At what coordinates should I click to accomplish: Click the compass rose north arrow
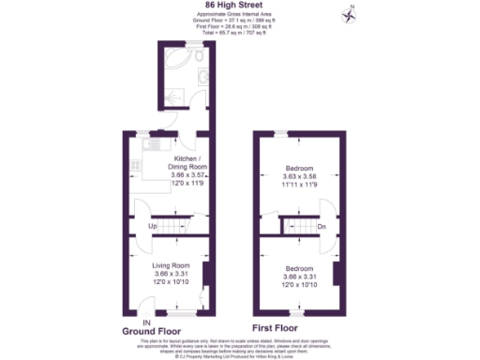[x=350, y=13]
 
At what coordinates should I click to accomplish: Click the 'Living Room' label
[x=172, y=265]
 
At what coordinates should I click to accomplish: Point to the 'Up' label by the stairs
[x=153, y=226]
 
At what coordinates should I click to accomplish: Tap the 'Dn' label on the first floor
[x=321, y=226]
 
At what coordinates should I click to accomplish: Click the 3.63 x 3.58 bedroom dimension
[x=301, y=175]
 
